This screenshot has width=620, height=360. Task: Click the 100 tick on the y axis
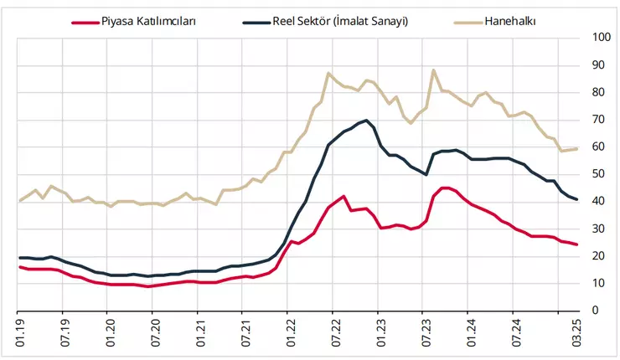[x=601, y=38]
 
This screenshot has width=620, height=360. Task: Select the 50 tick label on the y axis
[x=598, y=174]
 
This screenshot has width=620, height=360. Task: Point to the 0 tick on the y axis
[x=595, y=311]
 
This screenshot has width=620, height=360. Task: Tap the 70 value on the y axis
[x=598, y=120]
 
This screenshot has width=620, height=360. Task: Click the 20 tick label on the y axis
[x=598, y=256]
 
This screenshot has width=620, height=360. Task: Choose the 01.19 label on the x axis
[x=20, y=327]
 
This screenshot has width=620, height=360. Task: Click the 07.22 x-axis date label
[x=333, y=327]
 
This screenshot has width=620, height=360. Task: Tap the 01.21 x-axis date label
[x=199, y=327]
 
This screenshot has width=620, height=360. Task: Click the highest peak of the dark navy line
[x=367, y=121]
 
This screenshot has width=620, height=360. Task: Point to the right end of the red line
[x=578, y=244]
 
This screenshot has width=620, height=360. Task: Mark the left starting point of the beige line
[x=20, y=201]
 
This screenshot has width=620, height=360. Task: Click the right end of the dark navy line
[x=578, y=199]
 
